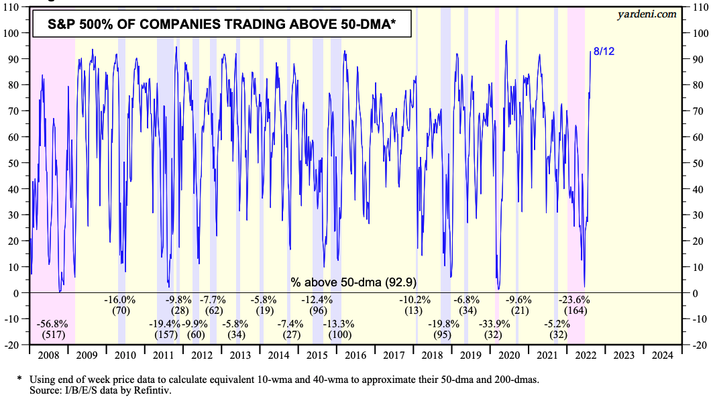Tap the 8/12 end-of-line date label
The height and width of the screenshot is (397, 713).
pos(604,52)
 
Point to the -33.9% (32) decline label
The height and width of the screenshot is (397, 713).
pos(494,329)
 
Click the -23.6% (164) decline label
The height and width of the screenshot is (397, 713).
pos(575,305)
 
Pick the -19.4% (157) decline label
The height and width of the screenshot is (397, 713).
pos(164,329)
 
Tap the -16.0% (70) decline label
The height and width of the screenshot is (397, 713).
pos(121,305)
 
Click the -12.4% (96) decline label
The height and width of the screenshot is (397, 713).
pos(318,305)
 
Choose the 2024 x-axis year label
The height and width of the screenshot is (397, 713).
pos(662,355)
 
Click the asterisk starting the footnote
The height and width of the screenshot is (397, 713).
pos(19,379)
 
